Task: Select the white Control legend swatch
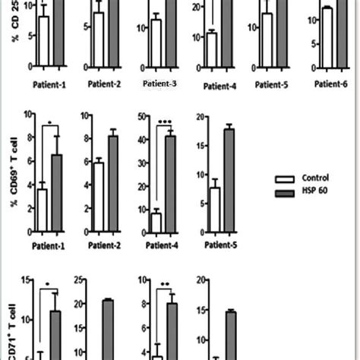285,178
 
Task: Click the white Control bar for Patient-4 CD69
156,221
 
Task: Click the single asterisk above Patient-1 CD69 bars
49,122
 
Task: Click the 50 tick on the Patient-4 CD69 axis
142,116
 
